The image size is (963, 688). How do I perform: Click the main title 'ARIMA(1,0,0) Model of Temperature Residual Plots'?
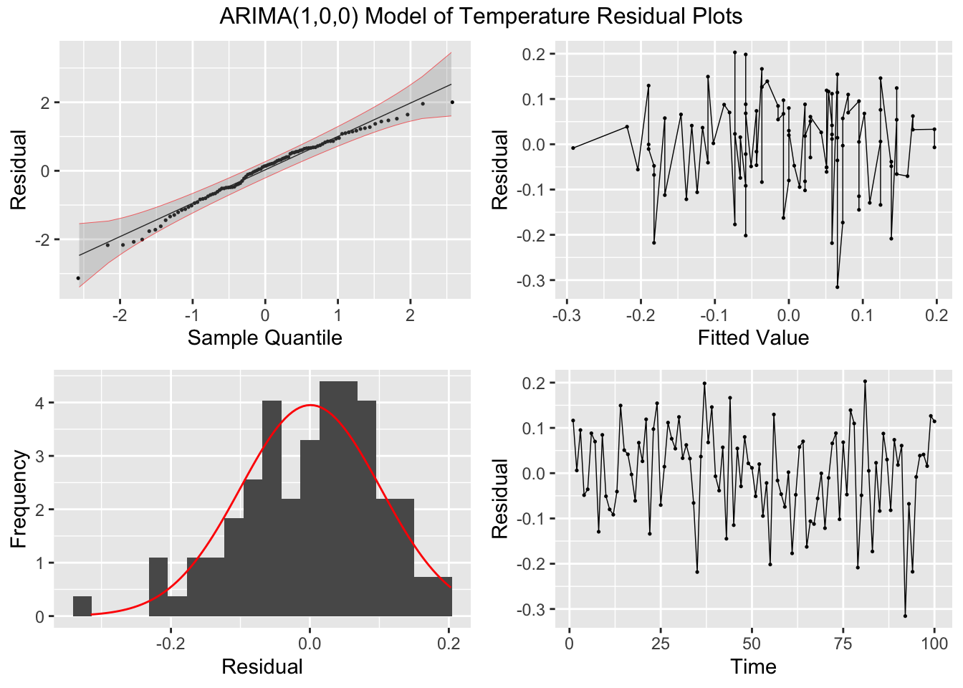tap(481, 16)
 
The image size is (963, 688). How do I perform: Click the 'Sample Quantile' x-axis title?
tap(264, 338)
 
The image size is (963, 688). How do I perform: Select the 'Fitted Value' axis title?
tap(753, 338)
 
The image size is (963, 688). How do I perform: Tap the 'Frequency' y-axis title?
tap(19, 499)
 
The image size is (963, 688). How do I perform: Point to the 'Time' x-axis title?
tap(753, 666)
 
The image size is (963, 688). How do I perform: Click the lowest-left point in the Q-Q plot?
tap(78, 278)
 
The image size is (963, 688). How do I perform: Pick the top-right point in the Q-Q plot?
tap(452, 102)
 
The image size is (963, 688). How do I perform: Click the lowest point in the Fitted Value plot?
tap(837, 287)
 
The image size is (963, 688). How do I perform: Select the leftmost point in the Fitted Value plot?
tap(573, 148)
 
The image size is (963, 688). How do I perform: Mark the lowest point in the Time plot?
tap(905, 616)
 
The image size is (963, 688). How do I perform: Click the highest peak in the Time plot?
tap(865, 381)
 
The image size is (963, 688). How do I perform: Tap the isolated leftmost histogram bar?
tap(82, 606)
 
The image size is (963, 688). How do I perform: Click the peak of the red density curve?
tap(310, 405)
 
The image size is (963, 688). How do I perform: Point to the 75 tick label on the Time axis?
tap(843, 643)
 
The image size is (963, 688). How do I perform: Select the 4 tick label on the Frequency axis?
tap(40, 403)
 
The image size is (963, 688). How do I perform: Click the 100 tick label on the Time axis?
tap(934, 643)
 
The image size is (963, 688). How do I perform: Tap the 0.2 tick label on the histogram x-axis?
tap(449, 643)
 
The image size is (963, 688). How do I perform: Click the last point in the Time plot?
tap(934, 421)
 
